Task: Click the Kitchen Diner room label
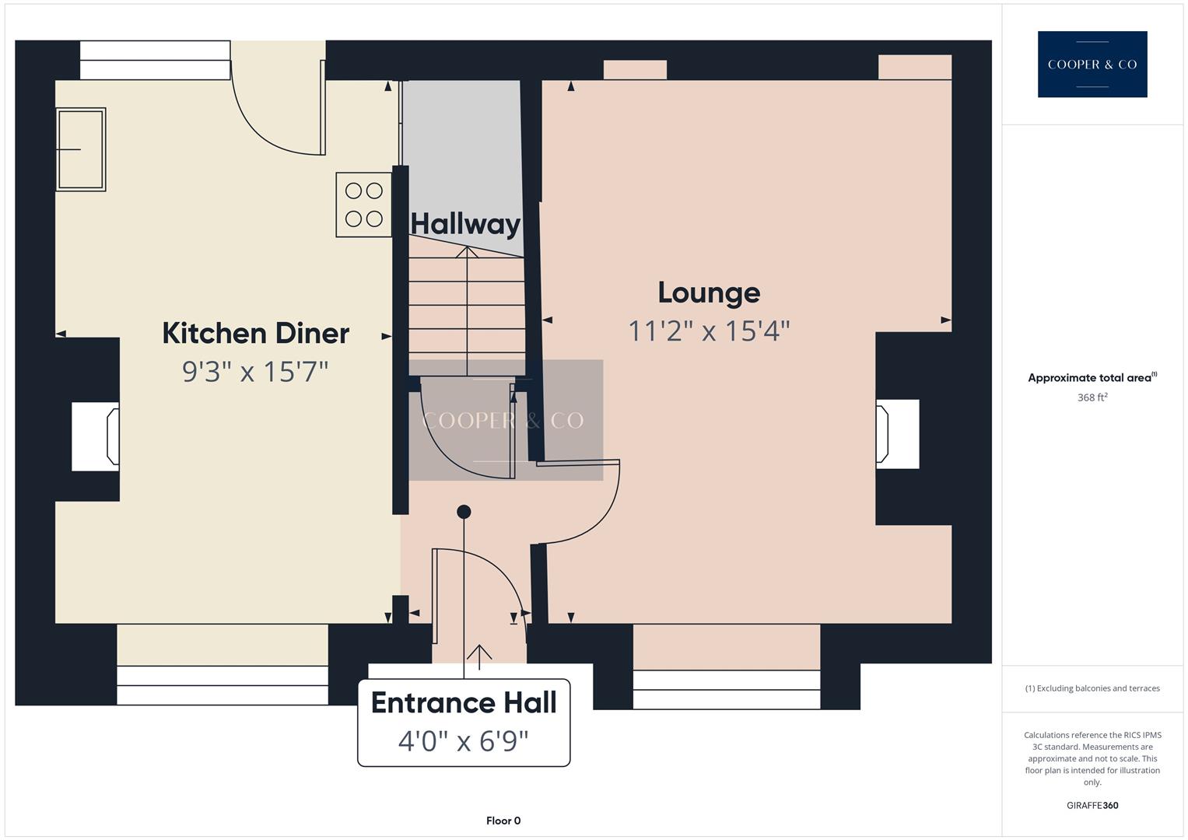[255, 333]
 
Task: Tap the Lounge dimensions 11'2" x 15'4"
[709, 331]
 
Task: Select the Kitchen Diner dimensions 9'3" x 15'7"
[255, 372]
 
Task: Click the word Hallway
[465, 224]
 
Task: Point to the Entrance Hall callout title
[464, 702]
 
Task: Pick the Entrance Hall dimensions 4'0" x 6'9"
[464, 741]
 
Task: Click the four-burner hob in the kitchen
[363, 205]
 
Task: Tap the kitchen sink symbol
[80, 149]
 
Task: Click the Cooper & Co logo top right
[1092, 65]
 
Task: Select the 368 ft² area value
[1092, 397]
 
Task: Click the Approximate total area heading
[1092, 378]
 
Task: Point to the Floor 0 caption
[503, 821]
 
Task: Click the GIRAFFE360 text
[1092, 805]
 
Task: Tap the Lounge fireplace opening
[897, 434]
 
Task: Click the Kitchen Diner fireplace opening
[95, 436]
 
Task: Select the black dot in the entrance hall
[464, 512]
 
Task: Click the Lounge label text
[709, 293]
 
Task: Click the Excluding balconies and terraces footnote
[1092, 688]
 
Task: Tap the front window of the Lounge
[726, 689]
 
